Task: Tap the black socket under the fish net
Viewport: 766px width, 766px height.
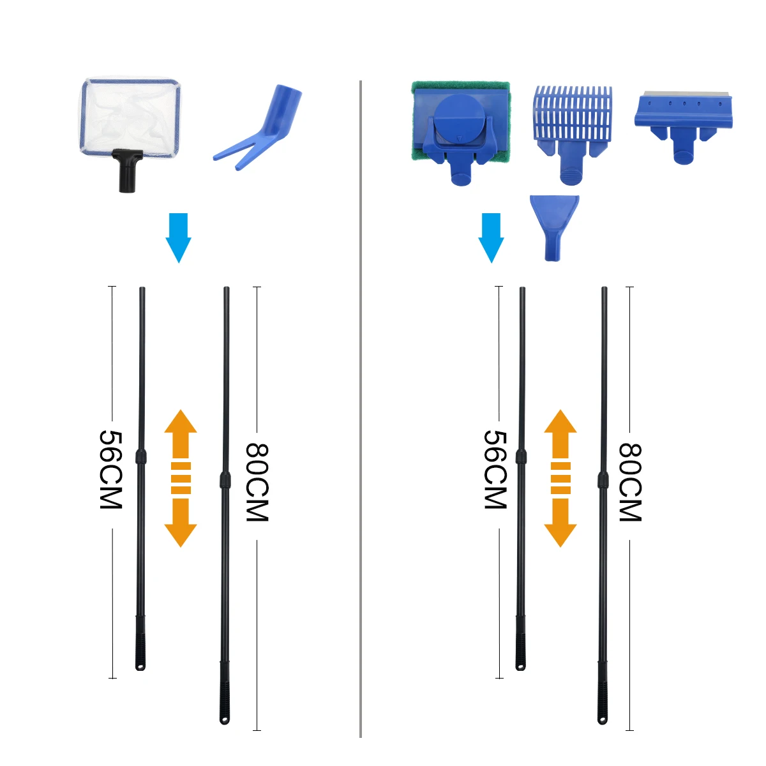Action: pos(128,170)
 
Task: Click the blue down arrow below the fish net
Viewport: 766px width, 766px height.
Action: pos(178,237)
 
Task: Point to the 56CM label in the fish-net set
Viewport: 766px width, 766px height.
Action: pos(111,469)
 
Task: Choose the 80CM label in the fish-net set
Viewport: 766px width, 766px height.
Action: pos(257,482)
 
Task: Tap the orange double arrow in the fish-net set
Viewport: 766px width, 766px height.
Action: pos(180,478)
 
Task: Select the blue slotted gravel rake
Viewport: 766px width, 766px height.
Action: pos(572,118)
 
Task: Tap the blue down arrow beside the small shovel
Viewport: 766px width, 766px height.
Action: pos(491,237)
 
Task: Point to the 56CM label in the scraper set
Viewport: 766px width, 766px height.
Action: pos(495,469)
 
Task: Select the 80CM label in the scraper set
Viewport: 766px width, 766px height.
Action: pos(630,482)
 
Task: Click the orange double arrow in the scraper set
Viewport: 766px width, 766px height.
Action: pos(560,478)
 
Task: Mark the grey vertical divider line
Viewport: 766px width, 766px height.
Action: pos(361,409)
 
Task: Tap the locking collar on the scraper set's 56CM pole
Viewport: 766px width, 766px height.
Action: pos(521,456)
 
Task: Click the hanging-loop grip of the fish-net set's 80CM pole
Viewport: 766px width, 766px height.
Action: pos(224,702)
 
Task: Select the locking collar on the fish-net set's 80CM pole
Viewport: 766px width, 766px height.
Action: pos(225,480)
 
